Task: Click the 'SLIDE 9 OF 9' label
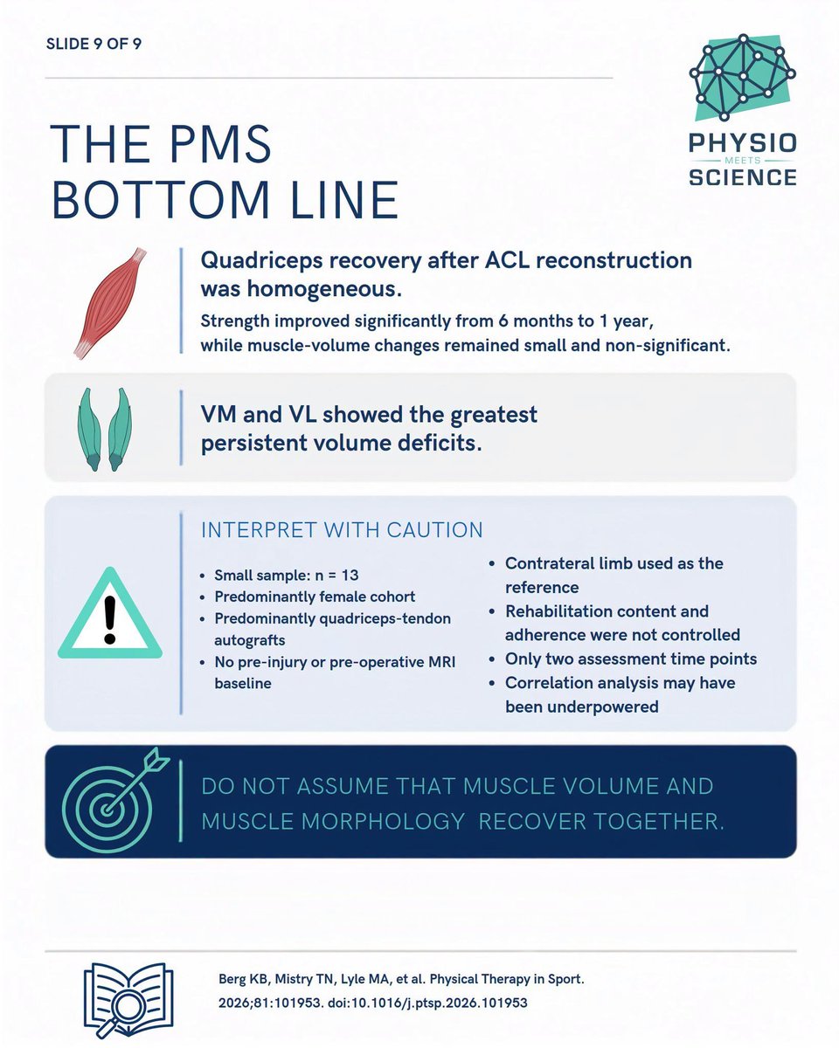[94, 44]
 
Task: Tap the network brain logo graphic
[742, 78]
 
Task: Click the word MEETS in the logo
[743, 160]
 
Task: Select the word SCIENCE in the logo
[743, 177]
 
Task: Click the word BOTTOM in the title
[161, 200]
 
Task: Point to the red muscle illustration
[110, 303]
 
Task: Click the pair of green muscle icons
[105, 429]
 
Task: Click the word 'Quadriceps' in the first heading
[262, 261]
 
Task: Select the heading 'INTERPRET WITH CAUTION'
[342, 530]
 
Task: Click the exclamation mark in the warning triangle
[110, 619]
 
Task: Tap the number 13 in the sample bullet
[350, 576]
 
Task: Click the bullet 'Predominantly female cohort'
[315, 596]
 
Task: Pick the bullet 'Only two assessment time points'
[631, 658]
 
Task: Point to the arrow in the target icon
[137, 780]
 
